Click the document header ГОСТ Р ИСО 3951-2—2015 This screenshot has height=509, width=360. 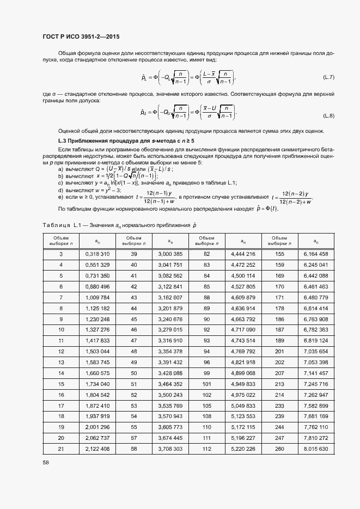tap(81, 37)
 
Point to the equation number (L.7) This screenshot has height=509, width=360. tap(328, 76)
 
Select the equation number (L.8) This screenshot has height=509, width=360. tap(328, 116)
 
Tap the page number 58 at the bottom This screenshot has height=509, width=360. tap(45, 462)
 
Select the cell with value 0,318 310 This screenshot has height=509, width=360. tap(98, 254)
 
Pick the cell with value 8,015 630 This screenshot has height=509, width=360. tap(316, 449)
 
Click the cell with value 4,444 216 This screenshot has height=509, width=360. tap(243, 254)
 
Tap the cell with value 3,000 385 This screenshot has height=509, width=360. tap(170, 254)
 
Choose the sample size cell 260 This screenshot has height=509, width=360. tap(279, 449)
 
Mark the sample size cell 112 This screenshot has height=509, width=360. tap(207, 449)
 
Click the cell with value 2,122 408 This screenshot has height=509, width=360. tap(98, 449)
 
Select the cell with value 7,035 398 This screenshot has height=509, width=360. tap(316, 362)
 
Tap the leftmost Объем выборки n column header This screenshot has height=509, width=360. tap(61, 241)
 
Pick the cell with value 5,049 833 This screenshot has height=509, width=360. tap(243, 406)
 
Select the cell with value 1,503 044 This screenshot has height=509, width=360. tap(98, 351)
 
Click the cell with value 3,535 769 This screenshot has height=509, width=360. tap(170, 406)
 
